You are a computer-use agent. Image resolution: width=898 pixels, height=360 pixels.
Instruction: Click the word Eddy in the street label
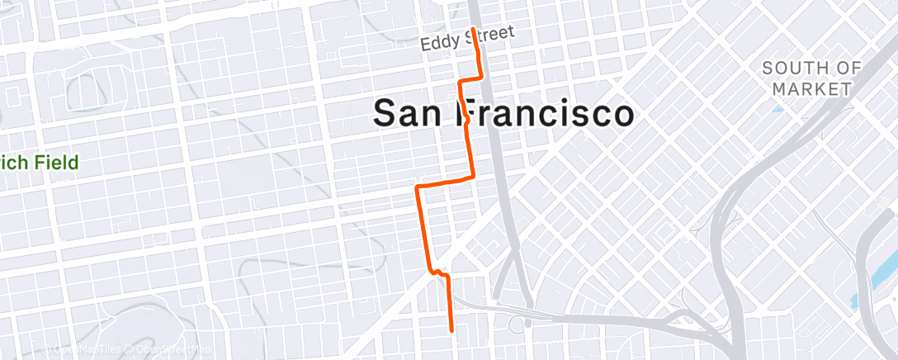coord(439,42)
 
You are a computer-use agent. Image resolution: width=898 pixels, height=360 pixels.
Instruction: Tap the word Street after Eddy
coord(488,36)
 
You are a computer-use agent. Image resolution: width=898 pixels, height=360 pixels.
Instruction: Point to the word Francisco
coord(546,113)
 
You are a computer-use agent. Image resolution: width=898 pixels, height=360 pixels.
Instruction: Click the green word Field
coord(57,162)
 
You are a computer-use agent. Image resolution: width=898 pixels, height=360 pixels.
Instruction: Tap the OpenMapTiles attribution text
coord(83,350)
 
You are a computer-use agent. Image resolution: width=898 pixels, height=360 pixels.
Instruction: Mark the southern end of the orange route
coord(451,329)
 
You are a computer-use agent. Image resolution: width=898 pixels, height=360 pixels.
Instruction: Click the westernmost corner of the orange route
coord(418,188)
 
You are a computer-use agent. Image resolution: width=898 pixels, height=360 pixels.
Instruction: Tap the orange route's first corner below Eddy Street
coord(480,77)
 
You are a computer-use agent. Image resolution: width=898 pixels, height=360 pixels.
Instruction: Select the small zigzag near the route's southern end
coord(437,272)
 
